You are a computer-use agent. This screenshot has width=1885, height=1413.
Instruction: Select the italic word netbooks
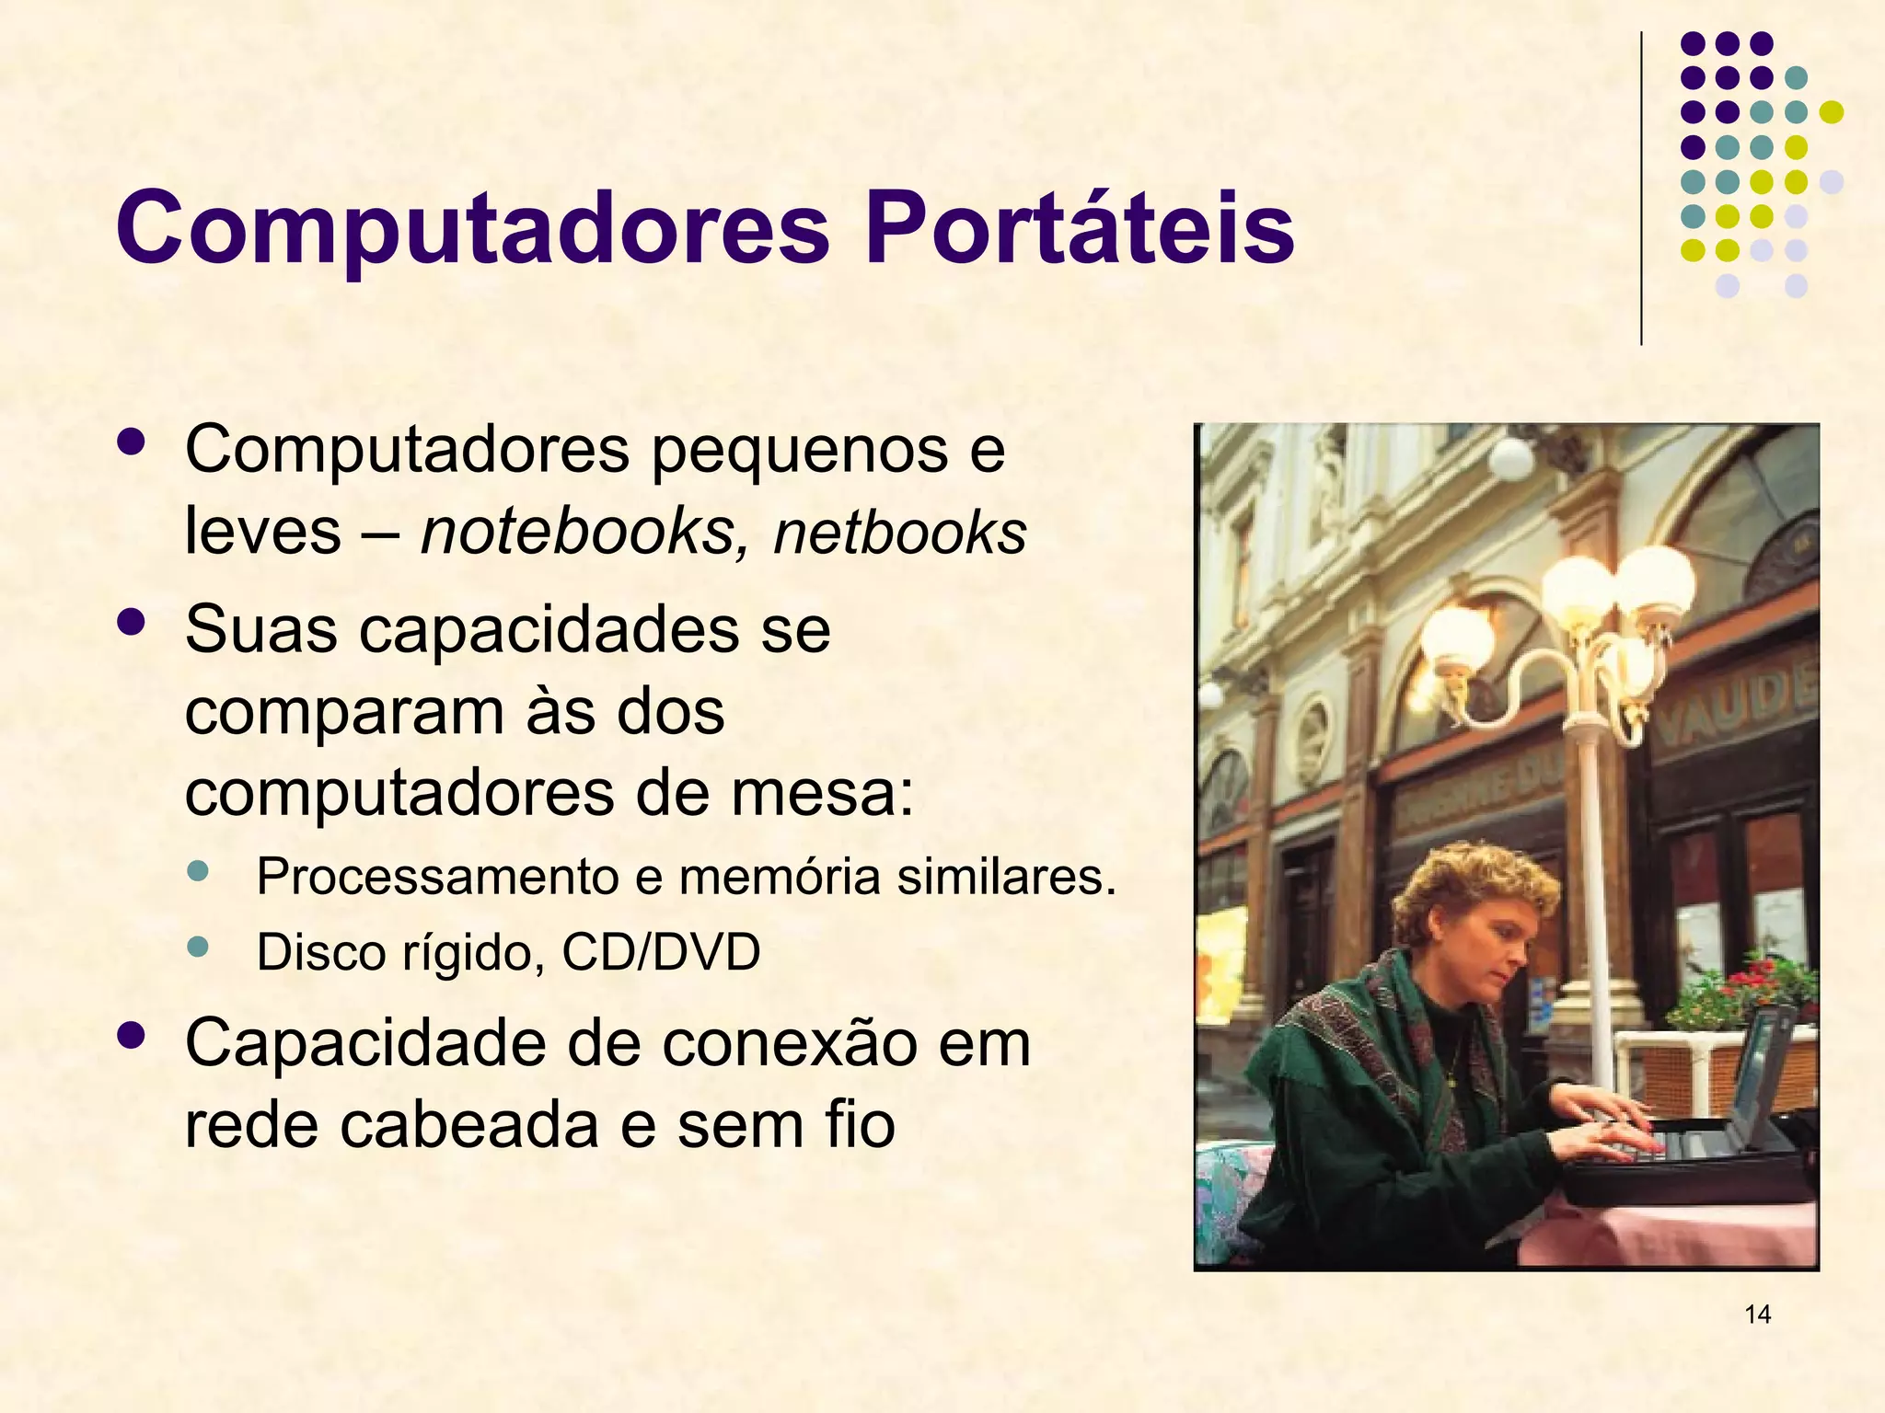tap(899, 534)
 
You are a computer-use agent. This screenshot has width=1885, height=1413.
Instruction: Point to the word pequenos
tap(800, 451)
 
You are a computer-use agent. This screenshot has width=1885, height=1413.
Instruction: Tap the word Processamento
tap(437, 876)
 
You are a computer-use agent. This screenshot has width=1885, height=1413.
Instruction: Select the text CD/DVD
tap(661, 952)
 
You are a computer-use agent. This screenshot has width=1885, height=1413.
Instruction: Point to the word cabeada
tap(469, 1124)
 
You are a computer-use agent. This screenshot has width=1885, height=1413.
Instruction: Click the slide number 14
tap(1757, 1314)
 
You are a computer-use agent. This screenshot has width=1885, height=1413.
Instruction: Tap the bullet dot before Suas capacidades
tap(132, 624)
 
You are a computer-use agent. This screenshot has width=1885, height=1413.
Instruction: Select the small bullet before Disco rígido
tap(197, 946)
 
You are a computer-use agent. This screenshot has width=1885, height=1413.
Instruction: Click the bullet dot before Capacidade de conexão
tap(132, 1036)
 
